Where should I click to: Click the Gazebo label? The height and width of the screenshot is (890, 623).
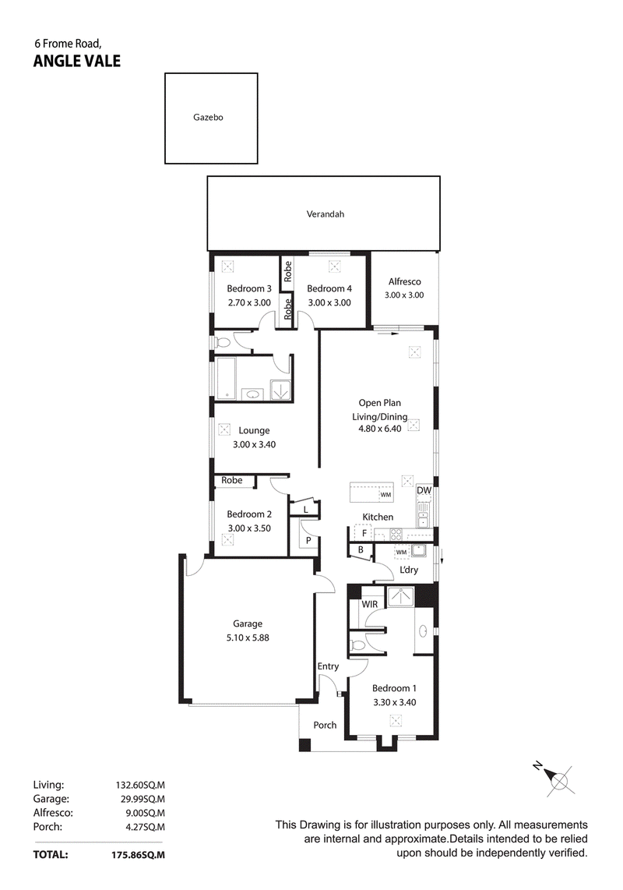[208, 118]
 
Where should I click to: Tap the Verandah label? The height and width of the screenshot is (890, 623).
[325, 214]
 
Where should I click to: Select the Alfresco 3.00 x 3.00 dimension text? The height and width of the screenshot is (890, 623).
[404, 295]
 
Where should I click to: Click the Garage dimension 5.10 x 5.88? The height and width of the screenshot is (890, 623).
[248, 637]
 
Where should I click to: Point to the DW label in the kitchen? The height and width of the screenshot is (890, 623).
[424, 490]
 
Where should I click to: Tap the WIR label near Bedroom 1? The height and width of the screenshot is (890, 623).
[369, 604]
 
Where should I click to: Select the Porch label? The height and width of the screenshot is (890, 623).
[325, 725]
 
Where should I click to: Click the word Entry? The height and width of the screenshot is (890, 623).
[328, 666]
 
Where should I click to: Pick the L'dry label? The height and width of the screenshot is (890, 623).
[409, 570]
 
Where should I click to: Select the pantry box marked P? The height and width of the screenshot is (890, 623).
[308, 540]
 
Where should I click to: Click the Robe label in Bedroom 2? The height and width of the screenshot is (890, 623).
[231, 480]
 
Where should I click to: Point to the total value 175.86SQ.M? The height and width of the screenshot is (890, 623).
[139, 854]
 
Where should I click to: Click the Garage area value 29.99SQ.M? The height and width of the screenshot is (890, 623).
[140, 799]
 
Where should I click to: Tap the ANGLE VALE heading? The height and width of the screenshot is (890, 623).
[77, 62]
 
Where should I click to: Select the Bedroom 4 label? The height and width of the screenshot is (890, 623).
[329, 288]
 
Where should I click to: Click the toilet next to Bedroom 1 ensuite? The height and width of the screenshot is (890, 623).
[358, 645]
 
